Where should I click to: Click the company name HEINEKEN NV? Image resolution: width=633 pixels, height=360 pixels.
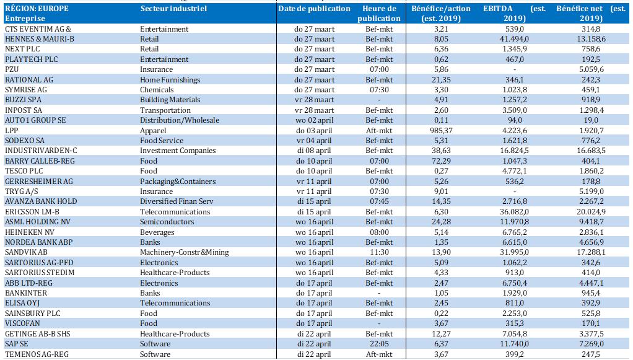pos(30,232)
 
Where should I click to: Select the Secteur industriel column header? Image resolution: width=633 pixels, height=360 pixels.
pos(173,9)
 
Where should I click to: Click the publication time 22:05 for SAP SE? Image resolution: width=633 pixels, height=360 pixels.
pos(379,344)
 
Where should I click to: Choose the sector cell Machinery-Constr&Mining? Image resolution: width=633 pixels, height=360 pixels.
pos(184,252)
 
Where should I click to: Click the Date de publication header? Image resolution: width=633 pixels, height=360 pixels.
pos(314,9)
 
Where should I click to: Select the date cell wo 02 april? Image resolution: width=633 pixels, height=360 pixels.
pos(314,120)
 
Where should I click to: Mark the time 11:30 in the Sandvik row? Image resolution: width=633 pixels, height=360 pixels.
pos(379,252)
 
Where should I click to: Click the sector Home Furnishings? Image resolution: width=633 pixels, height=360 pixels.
pos(170,80)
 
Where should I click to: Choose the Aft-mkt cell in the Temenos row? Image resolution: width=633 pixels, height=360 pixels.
pos(379,354)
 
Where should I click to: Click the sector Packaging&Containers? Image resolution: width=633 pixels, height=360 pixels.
pos(178,182)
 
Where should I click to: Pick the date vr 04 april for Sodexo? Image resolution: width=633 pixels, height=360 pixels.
pos(314,141)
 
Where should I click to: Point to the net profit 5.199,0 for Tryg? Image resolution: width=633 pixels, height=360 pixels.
pos(591,191)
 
